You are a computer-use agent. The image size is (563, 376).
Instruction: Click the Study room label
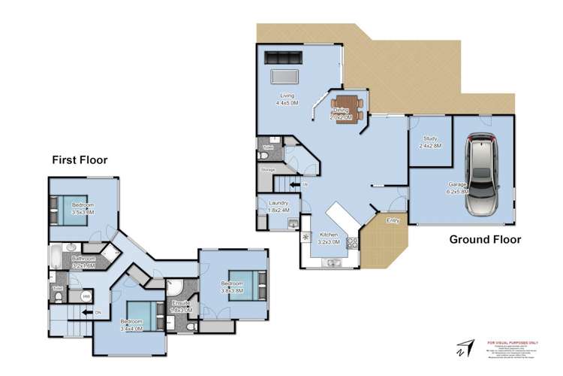coord(430,138)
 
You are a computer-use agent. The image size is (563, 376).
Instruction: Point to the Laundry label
coord(279,202)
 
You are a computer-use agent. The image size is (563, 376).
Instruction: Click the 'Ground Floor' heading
coord(485,240)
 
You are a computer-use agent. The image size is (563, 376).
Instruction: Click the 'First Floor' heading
coord(80,159)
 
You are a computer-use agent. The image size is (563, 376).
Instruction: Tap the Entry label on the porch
coord(393,220)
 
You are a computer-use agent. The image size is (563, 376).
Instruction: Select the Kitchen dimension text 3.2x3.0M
coord(330,243)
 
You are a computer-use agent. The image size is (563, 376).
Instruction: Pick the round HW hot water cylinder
coord(88,297)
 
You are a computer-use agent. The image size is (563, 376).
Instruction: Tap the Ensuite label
coord(181,302)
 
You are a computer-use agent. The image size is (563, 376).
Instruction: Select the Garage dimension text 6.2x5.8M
coord(454,192)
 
